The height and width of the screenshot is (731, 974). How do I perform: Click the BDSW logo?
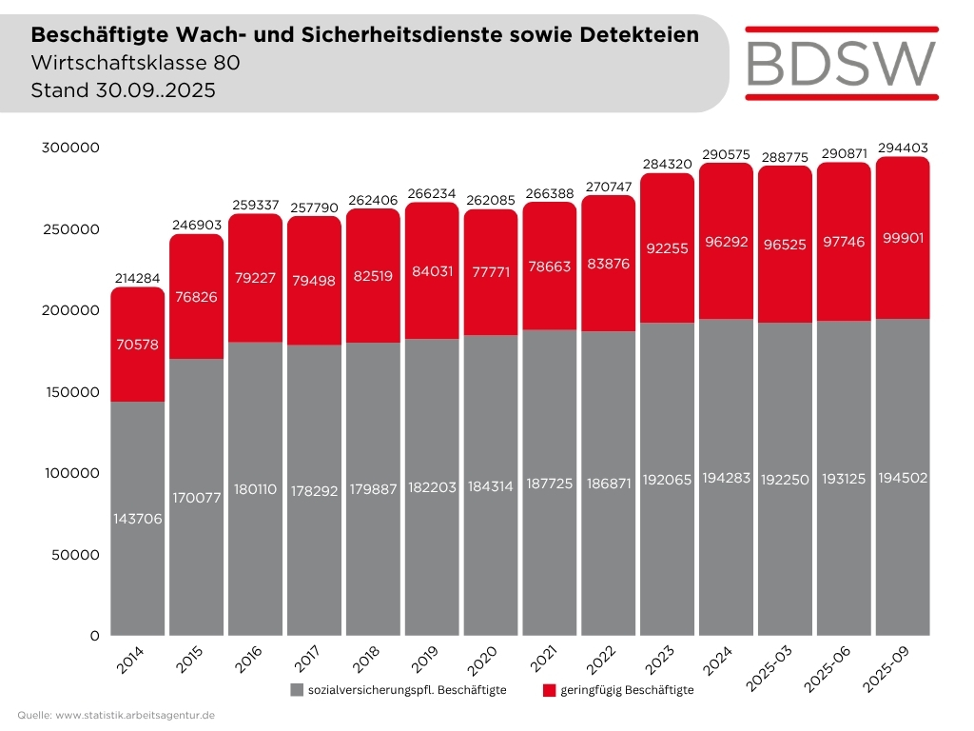tap(842, 64)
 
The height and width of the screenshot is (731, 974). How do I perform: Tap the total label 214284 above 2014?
tap(137, 279)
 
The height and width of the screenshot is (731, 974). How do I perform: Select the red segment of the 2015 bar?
tap(196, 297)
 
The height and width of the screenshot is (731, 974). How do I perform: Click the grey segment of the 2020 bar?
tap(491, 485)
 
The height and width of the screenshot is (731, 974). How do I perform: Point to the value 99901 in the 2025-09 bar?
tap(903, 238)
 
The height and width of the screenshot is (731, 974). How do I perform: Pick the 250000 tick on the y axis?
tap(70, 229)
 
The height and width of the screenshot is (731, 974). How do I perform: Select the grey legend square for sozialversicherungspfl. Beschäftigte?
tap(297, 690)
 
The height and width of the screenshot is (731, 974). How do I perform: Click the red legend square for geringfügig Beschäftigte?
tap(549, 690)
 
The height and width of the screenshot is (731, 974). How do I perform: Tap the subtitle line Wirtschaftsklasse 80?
tap(135, 63)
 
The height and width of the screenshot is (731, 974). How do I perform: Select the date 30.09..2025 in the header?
tap(155, 90)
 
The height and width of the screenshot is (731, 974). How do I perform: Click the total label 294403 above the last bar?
tap(903, 148)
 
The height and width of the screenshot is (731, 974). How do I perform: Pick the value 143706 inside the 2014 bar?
tap(137, 519)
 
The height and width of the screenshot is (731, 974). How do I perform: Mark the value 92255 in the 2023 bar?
tap(667, 248)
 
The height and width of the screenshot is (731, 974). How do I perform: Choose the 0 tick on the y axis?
tap(94, 636)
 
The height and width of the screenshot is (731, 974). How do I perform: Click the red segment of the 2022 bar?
tap(609, 264)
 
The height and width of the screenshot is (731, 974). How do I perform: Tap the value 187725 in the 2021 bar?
tap(550, 484)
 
